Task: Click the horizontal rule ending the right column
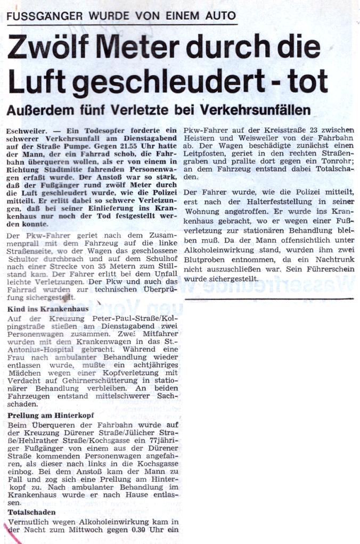point(269,298)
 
